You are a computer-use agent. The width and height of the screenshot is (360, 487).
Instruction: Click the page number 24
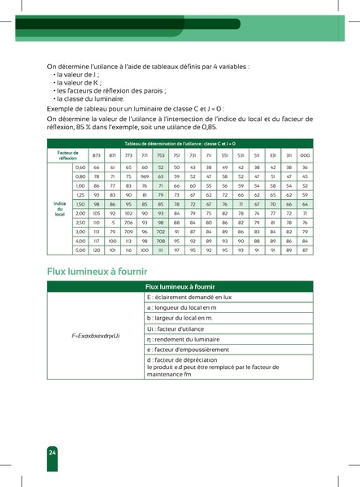[x=52, y=451]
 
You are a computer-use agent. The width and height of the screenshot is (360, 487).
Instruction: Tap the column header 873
[x=97, y=154]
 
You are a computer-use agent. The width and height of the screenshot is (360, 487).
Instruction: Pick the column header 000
[x=305, y=154]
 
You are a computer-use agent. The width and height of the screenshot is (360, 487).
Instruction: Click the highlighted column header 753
[x=161, y=154]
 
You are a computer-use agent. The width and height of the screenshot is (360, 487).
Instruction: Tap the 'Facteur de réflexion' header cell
[x=67, y=154]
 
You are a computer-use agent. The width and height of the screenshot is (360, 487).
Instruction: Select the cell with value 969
[x=145, y=176]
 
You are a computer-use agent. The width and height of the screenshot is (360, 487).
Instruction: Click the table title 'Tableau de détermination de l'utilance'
[x=179, y=141]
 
